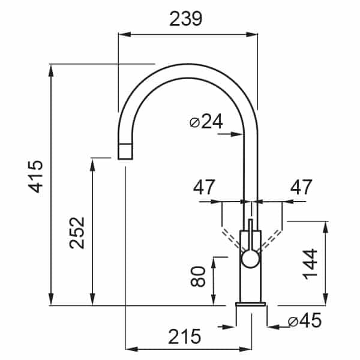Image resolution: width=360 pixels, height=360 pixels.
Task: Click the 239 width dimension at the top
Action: pyautogui.click(x=186, y=19)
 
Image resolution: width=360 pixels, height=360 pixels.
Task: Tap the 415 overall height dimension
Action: pyautogui.click(x=35, y=176)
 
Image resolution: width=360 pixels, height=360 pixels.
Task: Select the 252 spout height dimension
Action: pyautogui.click(x=77, y=233)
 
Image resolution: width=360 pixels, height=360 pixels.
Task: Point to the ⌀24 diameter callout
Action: pyautogui.click(x=206, y=121)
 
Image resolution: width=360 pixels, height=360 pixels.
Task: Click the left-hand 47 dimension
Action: pyautogui.click(x=204, y=187)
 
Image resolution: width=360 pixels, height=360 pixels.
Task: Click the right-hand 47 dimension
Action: pyautogui.click(x=301, y=187)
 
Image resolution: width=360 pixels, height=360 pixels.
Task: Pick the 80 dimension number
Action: pyautogui.click(x=198, y=277)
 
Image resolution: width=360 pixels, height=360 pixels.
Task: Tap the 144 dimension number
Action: pyautogui.click(x=310, y=264)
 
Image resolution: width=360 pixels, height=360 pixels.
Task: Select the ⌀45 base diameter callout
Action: pyautogui.click(x=305, y=320)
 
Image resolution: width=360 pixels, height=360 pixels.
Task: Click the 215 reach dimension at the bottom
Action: pyautogui.click(x=184, y=337)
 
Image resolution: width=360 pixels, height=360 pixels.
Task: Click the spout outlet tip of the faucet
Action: pyautogui.click(x=125, y=151)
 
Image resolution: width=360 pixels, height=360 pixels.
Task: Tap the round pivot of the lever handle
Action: pyautogui.click(x=250, y=259)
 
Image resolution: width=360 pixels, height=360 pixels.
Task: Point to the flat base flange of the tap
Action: pyautogui.click(x=250, y=304)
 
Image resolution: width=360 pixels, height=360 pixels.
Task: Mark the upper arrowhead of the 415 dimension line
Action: pyautogui.click(x=51, y=70)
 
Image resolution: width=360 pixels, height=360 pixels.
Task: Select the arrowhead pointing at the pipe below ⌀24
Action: pyautogui.click(x=237, y=134)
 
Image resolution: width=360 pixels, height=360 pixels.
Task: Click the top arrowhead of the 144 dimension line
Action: pyautogui.click(x=326, y=227)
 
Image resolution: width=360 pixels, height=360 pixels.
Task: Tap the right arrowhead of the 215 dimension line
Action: pyautogui.click(x=245, y=349)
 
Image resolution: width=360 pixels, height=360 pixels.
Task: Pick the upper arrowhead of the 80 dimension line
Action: pyautogui.click(x=214, y=263)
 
